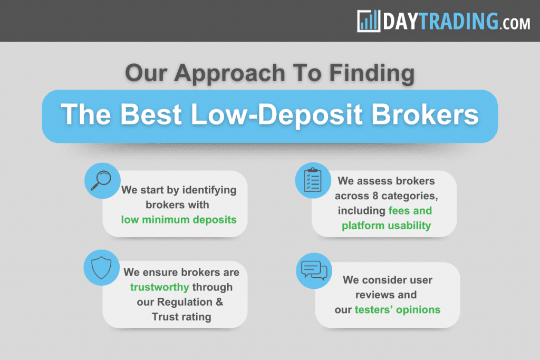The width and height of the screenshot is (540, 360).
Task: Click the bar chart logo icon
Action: click(368, 21)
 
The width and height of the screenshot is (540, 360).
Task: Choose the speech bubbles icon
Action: click(313, 270)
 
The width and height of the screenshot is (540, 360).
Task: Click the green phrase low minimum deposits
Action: click(179, 219)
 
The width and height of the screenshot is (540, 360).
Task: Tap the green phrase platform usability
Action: click(386, 226)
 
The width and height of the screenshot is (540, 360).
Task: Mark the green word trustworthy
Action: click(160, 287)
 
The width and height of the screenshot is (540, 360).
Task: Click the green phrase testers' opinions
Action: click(398, 309)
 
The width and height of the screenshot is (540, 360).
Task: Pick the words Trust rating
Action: click(181, 317)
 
